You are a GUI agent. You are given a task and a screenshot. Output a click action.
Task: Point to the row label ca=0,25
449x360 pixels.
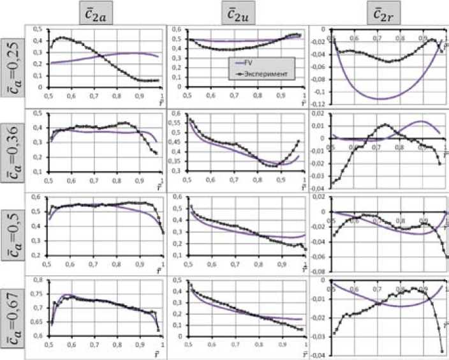click(x=10, y=63)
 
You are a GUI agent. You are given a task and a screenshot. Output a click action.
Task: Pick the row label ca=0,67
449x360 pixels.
click(x=10, y=310)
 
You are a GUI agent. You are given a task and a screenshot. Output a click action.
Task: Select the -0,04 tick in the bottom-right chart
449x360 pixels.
click(x=318, y=354)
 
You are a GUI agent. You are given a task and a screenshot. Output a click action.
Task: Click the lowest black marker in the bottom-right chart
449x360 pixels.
click(x=442, y=351)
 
